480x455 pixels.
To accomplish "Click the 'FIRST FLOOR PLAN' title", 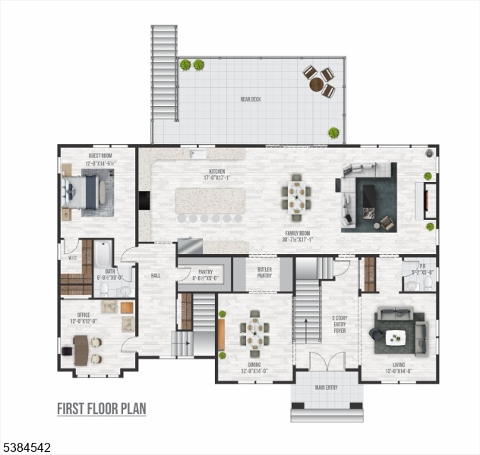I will (x=102, y=409).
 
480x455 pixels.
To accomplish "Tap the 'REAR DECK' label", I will (x=251, y=99).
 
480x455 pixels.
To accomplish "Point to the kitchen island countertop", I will (x=210, y=201).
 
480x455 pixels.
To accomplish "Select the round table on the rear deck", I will (x=317, y=83).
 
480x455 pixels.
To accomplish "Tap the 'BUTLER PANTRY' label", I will (x=264, y=272).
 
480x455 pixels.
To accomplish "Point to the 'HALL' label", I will (x=156, y=275).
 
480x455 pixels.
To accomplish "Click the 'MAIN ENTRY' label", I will (x=327, y=388).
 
